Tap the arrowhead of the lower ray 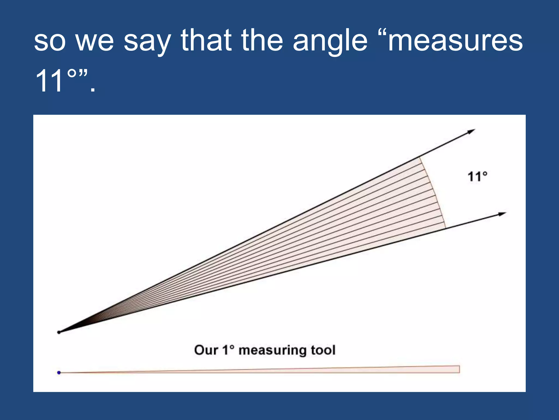[x=502, y=214]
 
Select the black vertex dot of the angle [x=59, y=332]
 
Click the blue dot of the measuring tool [x=59, y=372]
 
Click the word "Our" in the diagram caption [x=206, y=350]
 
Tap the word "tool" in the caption [x=323, y=350]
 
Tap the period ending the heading [x=93, y=89]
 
